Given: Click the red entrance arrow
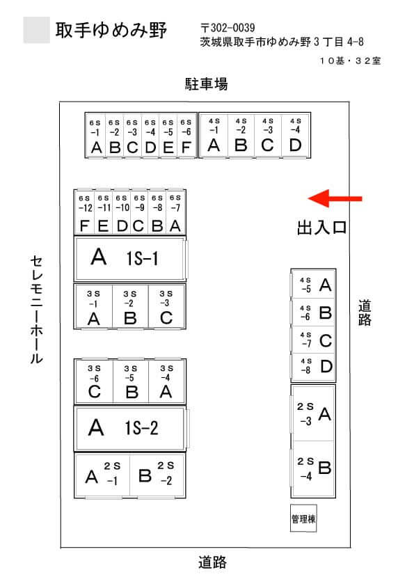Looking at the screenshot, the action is pos(335,198).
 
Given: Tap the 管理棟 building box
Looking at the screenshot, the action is pos(303,518).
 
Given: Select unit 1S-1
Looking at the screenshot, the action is pos(130,259).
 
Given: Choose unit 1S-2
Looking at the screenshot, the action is pos(130,428).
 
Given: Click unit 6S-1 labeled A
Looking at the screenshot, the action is pos(95,136).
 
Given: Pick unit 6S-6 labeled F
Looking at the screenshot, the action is pos(186,136).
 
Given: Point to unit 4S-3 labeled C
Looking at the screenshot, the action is pos(268,136).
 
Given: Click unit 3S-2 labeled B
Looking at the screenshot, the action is pos(130,306).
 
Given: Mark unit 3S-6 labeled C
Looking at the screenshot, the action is pos(94,381).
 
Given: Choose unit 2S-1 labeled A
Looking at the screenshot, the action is pos(102,475).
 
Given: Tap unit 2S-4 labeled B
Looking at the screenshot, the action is pos(313,469).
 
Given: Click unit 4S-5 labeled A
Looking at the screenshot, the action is pos(313,284).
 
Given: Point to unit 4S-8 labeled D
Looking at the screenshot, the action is pos(313,367).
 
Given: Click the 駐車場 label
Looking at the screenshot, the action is pos(206,84).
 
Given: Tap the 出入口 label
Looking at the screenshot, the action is pos(321,228).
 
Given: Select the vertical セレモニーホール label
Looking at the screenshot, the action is pos(36,310).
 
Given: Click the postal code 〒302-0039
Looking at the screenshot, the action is pos(228,28).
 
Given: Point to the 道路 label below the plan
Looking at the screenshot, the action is pos(212,562).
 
